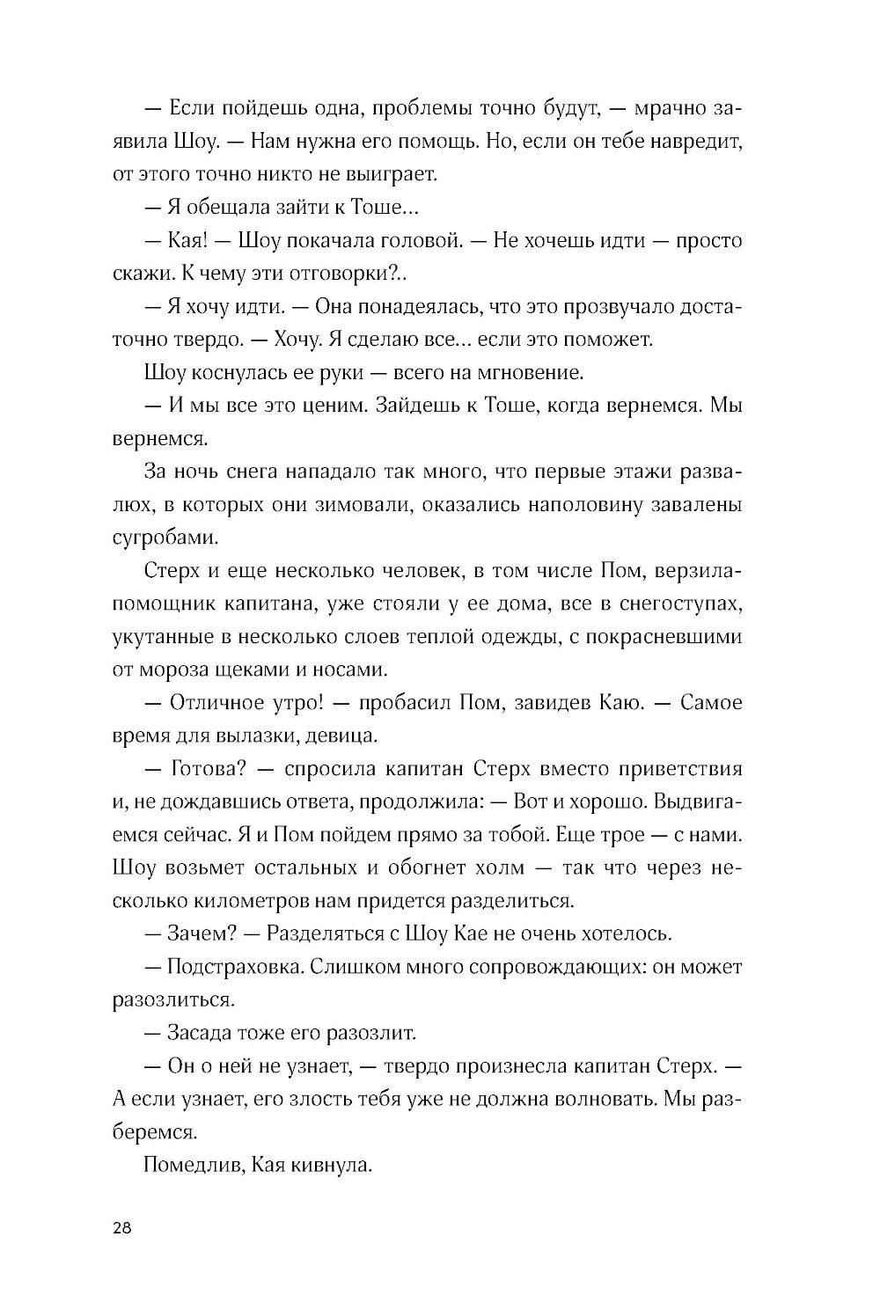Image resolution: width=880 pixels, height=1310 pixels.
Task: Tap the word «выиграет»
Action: (391, 174)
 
